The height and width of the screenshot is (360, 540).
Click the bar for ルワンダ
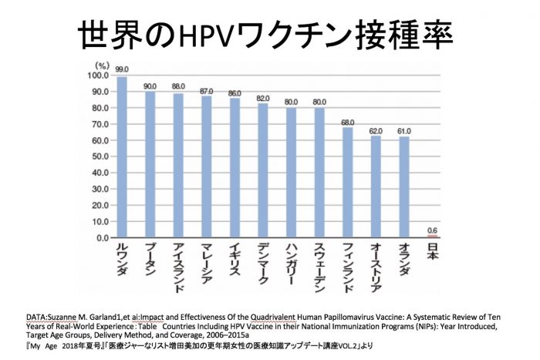(122, 157)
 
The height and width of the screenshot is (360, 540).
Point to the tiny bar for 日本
(432, 237)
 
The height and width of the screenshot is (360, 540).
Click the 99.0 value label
(122, 69)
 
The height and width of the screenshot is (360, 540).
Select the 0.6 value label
(432, 230)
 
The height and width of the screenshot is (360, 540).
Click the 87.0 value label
(206, 89)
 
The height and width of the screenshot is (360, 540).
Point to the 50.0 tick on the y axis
(96, 157)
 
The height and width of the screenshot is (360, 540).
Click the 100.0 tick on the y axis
(94, 76)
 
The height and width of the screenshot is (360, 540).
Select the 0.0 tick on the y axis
(99, 238)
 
